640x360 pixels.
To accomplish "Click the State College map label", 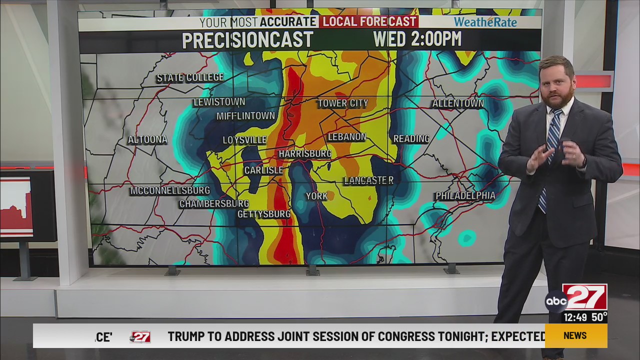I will pyautogui.click(x=190, y=77).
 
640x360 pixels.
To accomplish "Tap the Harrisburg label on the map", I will pyautogui.click(x=304, y=153).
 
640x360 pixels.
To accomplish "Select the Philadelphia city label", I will pyautogui.click(x=465, y=195).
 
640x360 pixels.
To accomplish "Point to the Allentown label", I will pyautogui.click(x=457, y=103).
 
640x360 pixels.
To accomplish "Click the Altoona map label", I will pyautogui.click(x=147, y=139).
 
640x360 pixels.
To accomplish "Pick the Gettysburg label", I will pyautogui.click(x=263, y=214).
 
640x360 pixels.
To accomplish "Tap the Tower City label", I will pyautogui.click(x=342, y=103).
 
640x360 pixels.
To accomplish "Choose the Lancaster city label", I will pyautogui.click(x=368, y=180).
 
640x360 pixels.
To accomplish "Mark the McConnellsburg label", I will pyautogui.click(x=170, y=190).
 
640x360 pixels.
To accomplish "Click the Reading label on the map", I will pyautogui.click(x=411, y=138).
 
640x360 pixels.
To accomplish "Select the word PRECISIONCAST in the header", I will pyautogui.click(x=247, y=40).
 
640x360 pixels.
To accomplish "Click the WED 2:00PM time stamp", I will pyautogui.click(x=417, y=39).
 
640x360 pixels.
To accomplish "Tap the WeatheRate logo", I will pyautogui.click(x=485, y=22).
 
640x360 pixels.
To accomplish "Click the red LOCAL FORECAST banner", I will pyautogui.click(x=369, y=21).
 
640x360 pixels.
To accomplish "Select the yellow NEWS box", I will pyautogui.click(x=575, y=335).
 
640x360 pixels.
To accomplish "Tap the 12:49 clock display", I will pyautogui.click(x=575, y=317).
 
